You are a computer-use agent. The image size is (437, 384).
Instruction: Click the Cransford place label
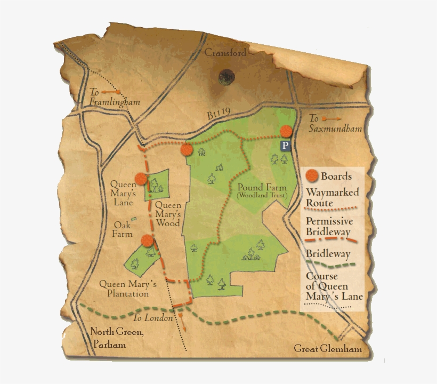point(225,53)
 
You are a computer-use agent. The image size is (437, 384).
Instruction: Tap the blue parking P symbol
point(286,145)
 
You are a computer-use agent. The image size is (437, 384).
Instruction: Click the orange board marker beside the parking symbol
point(287,131)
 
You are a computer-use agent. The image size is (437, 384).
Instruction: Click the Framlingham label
point(114,102)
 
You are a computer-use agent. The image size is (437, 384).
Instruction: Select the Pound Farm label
point(262,188)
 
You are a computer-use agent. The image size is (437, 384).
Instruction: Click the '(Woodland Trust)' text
point(262,196)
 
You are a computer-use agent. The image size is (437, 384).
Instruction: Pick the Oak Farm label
point(122,229)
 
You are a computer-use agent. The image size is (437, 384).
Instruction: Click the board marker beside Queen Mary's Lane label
point(141,179)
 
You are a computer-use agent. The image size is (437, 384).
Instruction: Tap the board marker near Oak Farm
point(148,241)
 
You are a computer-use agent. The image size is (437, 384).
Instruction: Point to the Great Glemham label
point(328,349)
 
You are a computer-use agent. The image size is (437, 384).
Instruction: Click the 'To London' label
point(153,318)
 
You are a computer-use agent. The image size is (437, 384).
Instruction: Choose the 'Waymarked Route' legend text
point(332,197)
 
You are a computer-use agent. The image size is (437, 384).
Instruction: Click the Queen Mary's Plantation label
point(128,289)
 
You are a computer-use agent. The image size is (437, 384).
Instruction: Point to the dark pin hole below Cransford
point(226,77)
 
